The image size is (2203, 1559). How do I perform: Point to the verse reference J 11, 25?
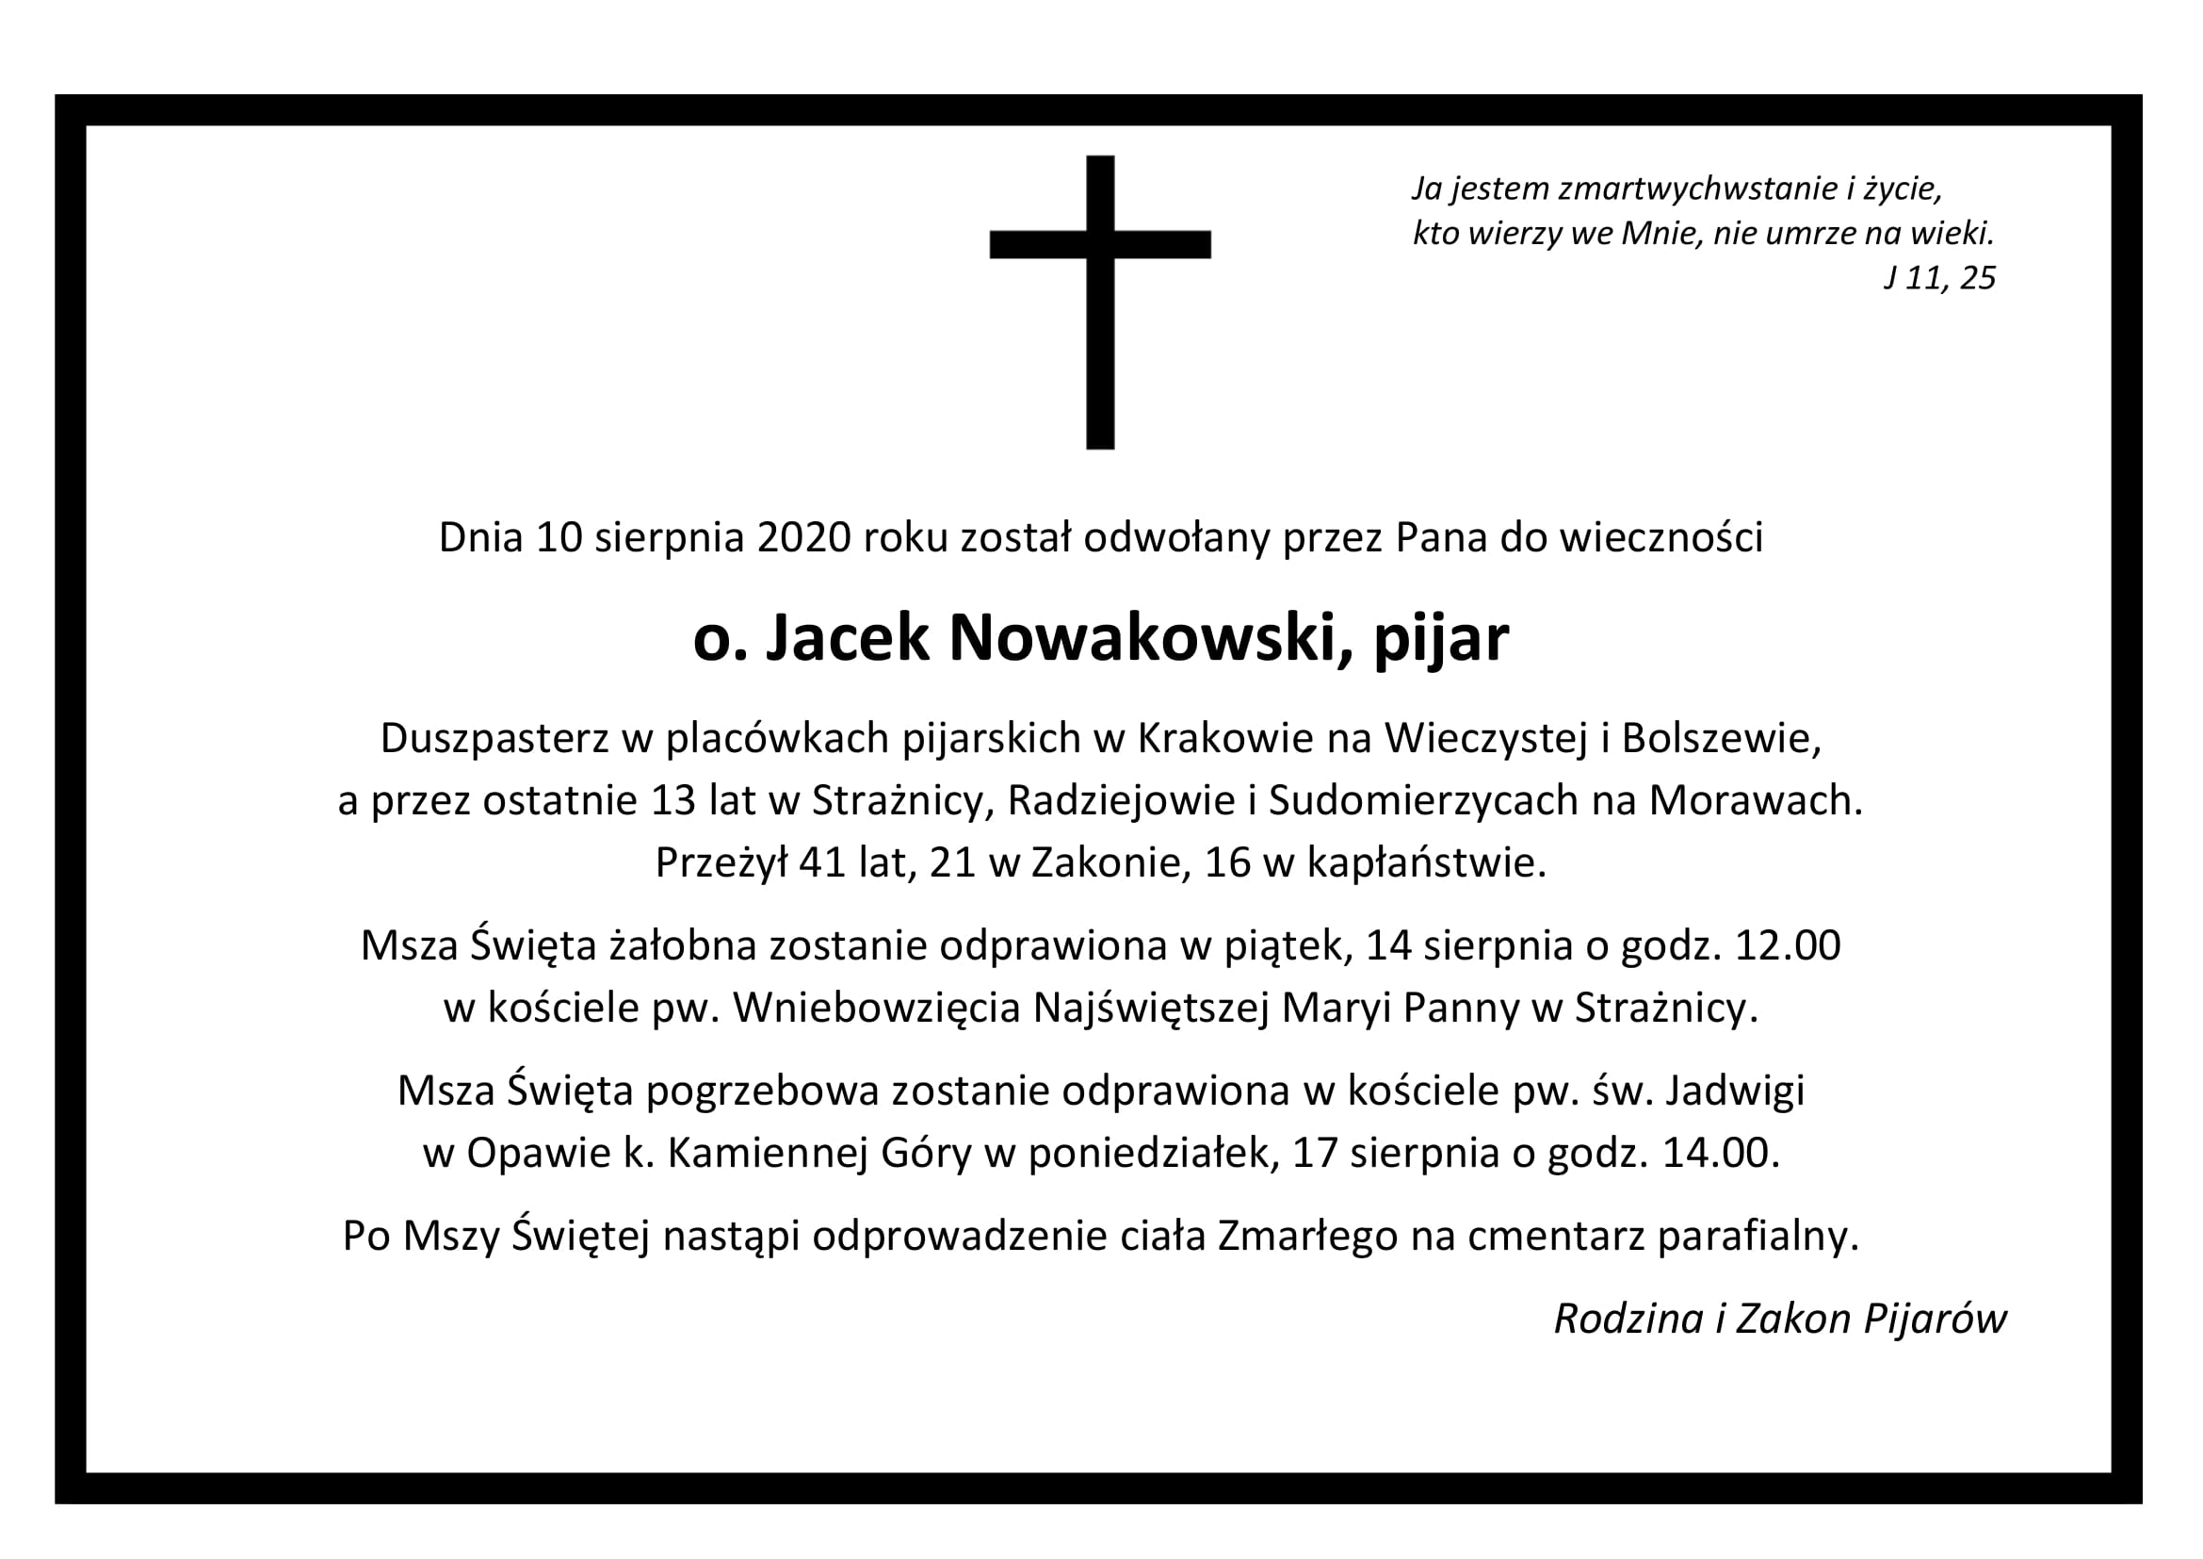click(x=1939, y=278)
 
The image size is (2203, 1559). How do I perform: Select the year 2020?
click(x=804, y=537)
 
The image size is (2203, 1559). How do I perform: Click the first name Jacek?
click(x=848, y=638)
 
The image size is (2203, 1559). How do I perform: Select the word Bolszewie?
click(x=1720, y=738)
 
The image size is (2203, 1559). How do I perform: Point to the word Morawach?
click(x=1755, y=800)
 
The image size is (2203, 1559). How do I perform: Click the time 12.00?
click(x=1788, y=945)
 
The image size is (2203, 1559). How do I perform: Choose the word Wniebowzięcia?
click(x=876, y=1008)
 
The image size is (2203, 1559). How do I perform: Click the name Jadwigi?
click(x=1735, y=1091)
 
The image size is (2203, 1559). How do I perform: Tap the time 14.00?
click(x=1720, y=1153)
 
